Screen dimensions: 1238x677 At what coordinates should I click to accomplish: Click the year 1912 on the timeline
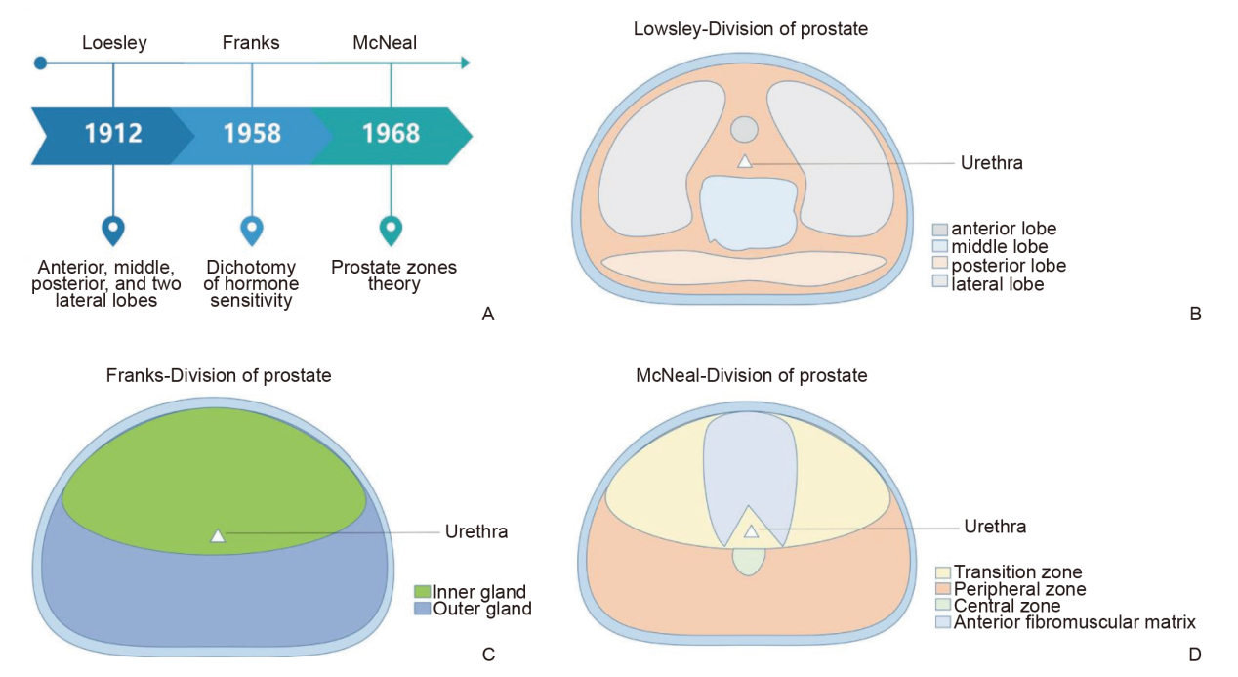point(113,133)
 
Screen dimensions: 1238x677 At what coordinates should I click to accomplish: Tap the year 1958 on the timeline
point(252,133)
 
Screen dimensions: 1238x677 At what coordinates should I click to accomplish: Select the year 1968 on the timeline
point(392,133)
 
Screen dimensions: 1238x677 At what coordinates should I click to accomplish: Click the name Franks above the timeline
point(251,43)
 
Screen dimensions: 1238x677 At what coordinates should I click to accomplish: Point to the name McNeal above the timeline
point(385,43)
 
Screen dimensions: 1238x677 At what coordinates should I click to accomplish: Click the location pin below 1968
point(392,231)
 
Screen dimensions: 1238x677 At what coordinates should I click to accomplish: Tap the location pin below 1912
point(113,231)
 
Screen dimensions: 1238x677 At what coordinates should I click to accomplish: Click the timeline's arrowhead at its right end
point(466,63)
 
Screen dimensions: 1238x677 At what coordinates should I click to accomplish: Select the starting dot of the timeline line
point(40,63)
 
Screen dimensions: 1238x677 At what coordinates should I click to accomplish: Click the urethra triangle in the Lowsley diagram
point(745,161)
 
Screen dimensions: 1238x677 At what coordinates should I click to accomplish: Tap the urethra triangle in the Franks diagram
point(218,536)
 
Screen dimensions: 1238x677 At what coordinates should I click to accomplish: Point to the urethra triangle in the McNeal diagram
point(751,531)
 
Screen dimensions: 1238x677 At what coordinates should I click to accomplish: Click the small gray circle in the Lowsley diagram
point(744,129)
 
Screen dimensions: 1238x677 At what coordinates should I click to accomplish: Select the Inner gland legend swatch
point(422,591)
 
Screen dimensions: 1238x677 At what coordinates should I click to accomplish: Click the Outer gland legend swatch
point(422,609)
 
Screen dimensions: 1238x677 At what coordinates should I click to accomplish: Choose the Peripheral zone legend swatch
point(943,588)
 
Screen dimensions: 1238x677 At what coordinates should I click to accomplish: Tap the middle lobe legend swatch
point(939,246)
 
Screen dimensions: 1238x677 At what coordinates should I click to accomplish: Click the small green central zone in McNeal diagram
point(748,562)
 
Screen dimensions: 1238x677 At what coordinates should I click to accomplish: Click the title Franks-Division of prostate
point(219,375)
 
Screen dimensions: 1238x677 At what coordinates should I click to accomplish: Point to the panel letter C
point(488,655)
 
